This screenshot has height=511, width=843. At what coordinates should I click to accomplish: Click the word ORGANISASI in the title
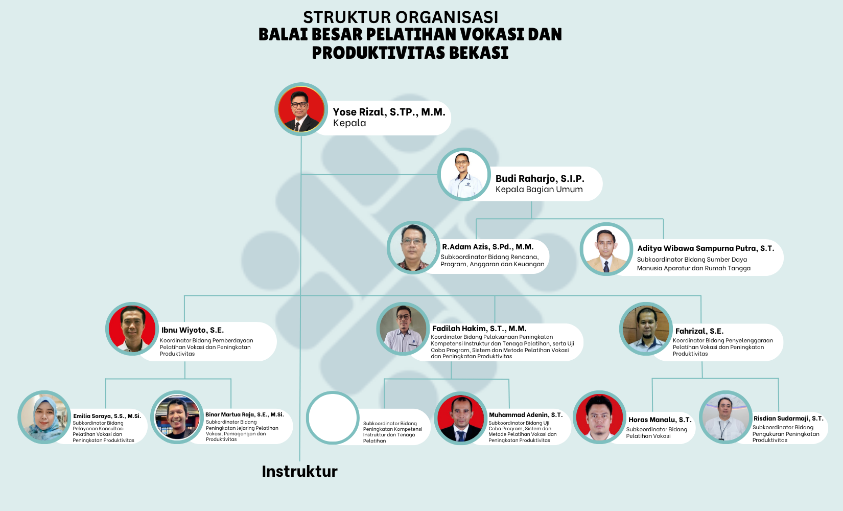(x=447, y=17)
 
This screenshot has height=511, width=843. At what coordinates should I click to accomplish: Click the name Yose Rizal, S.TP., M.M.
(x=389, y=112)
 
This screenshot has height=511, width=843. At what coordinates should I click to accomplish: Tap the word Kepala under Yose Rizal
(x=349, y=123)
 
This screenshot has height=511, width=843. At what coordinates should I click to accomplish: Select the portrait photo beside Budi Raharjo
(x=464, y=174)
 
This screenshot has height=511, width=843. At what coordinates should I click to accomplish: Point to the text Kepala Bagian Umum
(x=539, y=189)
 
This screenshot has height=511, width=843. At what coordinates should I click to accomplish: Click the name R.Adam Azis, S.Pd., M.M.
(x=488, y=247)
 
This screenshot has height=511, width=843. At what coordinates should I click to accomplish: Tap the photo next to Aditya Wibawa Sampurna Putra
(x=606, y=249)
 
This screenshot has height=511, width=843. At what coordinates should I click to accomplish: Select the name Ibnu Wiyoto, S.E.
(x=193, y=330)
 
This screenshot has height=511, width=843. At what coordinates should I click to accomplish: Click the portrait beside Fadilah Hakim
(x=403, y=329)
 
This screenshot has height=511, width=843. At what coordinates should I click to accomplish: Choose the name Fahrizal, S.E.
(x=699, y=331)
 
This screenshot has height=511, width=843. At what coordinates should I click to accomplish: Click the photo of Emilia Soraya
(x=44, y=417)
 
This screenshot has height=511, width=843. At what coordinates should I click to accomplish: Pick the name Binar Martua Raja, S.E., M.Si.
(x=245, y=414)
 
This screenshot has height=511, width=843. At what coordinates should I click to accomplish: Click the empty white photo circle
(x=333, y=417)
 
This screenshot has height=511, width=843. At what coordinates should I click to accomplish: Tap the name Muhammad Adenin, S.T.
(x=526, y=414)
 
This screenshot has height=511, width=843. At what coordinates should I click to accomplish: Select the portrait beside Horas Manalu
(x=599, y=417)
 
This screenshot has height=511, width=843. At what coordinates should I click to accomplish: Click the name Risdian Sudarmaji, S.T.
(x=788, y=419)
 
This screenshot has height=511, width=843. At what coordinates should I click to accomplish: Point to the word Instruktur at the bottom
(x=299, y=472)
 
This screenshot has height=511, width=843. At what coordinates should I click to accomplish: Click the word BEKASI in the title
(x=479, y=53)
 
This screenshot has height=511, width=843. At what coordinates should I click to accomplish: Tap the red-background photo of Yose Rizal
(x=301, y=109)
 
